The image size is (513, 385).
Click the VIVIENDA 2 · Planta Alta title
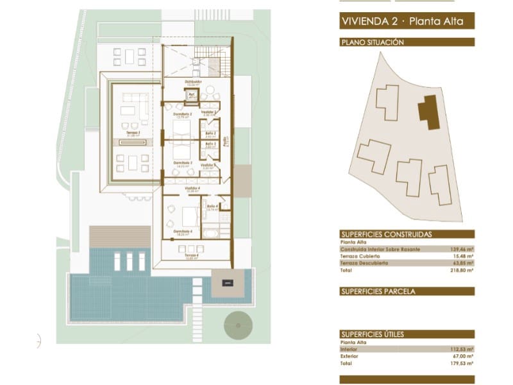click(407, 22)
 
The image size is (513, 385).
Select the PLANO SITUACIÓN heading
click(373, 42)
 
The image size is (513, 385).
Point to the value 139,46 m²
click(461, 249)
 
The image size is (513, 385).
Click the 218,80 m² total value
click(461, 271)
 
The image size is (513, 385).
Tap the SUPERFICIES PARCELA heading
click(378, 291)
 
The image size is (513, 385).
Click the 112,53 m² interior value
click(461, 350)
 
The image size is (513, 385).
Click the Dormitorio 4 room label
click(183, 232)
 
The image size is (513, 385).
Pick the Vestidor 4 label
click(192, 189)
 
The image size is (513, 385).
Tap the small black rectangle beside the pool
click(228, 283)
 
